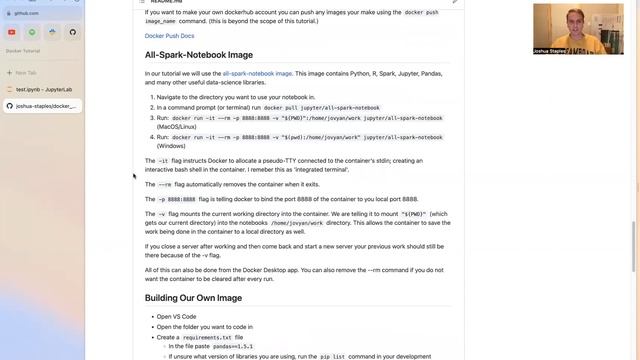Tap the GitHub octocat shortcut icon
point(72,32)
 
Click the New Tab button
point(27,73)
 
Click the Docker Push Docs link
point(167,36)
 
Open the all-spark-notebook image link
point(257,73)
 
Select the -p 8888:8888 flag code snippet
point(176,199)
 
